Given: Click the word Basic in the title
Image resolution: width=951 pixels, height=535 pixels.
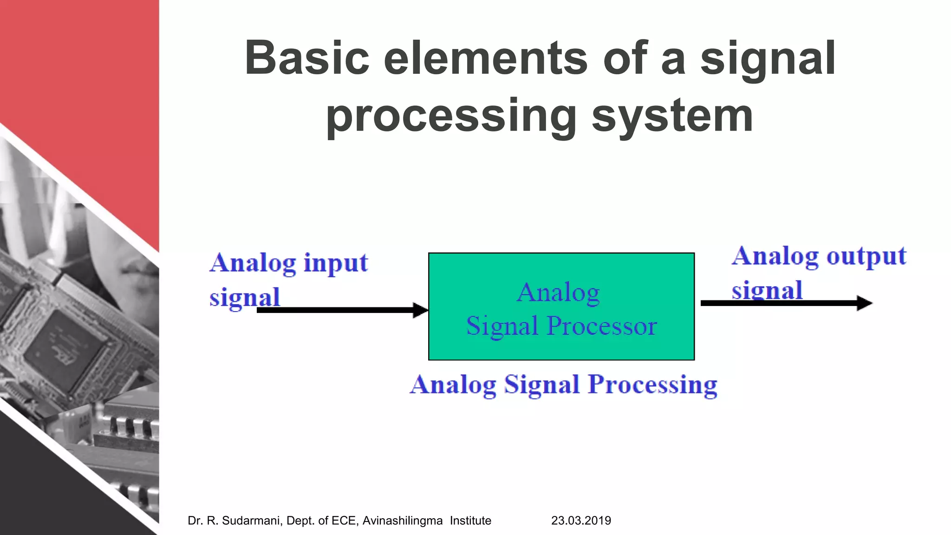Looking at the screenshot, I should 307,58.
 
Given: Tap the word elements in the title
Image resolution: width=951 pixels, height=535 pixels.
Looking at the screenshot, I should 486,58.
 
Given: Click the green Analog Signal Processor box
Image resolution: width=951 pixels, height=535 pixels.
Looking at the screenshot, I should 561,344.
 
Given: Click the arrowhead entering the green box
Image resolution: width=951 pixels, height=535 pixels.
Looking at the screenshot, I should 421,310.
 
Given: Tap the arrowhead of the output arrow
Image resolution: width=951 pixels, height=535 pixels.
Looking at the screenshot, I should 865,303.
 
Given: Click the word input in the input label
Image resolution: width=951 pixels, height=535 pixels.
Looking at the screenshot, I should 335,263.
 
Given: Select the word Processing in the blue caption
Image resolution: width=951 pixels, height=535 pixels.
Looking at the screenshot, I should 652,385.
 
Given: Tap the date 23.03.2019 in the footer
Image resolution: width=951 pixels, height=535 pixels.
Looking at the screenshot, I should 581,521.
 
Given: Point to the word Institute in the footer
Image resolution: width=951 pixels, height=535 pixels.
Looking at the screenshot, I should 470,521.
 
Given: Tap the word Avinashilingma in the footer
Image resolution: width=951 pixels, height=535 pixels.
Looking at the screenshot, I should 402,521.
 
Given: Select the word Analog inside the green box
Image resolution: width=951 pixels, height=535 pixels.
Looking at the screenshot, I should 558,293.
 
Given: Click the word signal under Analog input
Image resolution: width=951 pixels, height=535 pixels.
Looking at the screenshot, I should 244,297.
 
